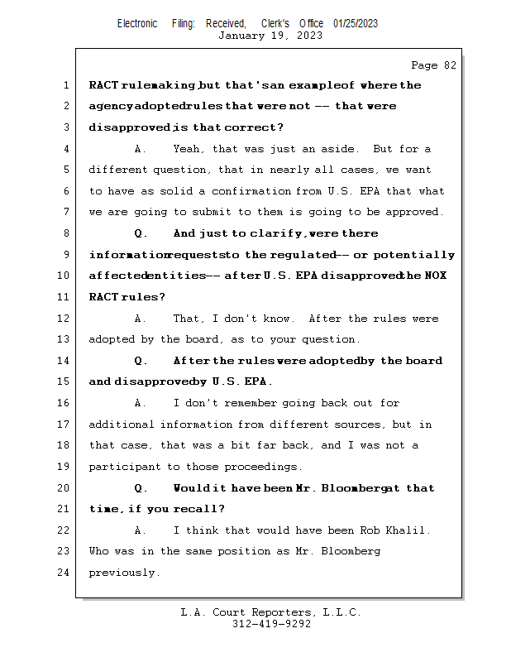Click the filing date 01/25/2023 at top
point(356,23)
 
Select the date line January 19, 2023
point(270,36)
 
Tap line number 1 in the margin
point(65,85)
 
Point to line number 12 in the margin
point(63,319)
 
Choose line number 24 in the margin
point(63,573)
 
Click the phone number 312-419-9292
point(271,624)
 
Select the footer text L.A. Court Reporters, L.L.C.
point(270,612)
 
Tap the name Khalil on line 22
point(410,530)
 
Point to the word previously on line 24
point(123,573)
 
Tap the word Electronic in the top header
point(137,23)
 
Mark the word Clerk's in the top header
point(275,23)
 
